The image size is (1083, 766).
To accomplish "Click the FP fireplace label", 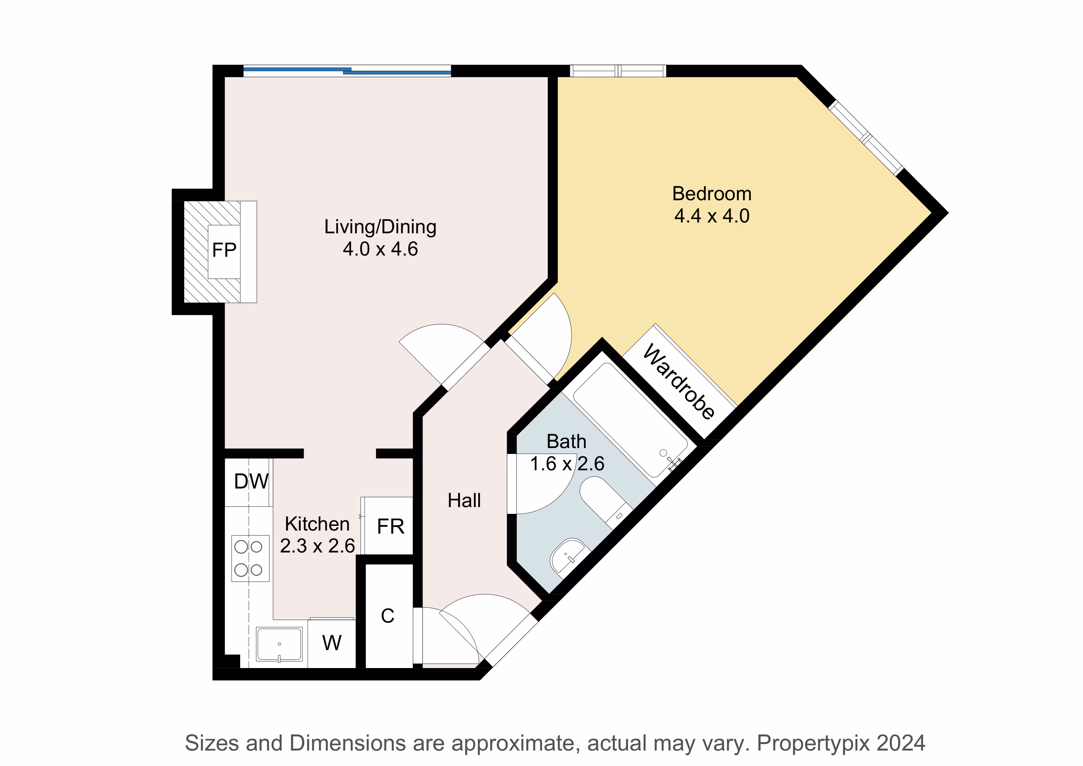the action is click(224, 250).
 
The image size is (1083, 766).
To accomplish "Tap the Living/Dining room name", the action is click(380, 227).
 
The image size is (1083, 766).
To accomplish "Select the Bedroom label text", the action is click(712, 194).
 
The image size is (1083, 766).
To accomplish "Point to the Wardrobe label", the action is click(678, 381).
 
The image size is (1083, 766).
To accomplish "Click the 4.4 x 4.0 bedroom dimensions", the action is click(712, 216).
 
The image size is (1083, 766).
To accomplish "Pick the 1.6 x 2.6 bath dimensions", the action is click(567, 464).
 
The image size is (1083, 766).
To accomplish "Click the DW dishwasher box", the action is click(248, 482).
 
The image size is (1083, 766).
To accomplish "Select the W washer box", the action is click(332, 643).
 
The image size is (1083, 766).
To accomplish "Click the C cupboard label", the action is click(388, 616).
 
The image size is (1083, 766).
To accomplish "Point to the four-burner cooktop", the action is click(250, 558).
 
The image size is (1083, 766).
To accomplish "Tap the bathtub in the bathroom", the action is click(630, 419).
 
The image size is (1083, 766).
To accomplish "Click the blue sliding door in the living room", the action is click(347, 71).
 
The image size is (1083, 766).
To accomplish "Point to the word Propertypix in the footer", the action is click(813, 743).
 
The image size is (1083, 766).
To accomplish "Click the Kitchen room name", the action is click(317, 524).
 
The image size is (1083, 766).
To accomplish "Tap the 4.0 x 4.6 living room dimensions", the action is click(380, 249).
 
